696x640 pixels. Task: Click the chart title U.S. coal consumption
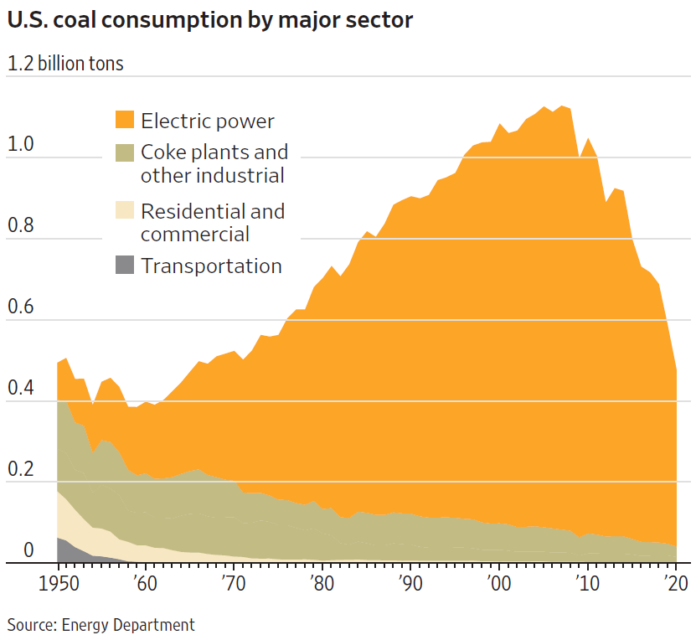pos(210,20)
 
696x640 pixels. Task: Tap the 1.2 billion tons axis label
pos(65,64)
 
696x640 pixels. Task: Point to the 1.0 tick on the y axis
pos(21,144)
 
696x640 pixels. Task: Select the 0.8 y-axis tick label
pos(21,225)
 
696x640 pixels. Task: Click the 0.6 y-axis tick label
pos(21,307)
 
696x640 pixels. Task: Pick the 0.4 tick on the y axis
pos(21,388)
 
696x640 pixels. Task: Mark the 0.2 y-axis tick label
pos(21,469)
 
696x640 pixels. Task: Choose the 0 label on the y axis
pos(28,550)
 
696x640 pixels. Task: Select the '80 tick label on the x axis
pos(321,582)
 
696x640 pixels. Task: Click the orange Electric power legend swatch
pos(124,120)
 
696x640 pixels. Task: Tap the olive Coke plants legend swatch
pos(124,152)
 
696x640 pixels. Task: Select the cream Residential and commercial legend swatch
pos(124,211)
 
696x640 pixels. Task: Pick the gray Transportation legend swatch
pos(124,266)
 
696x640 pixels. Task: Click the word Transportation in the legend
pos(211,266)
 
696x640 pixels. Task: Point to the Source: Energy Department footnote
pos(101,624)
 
